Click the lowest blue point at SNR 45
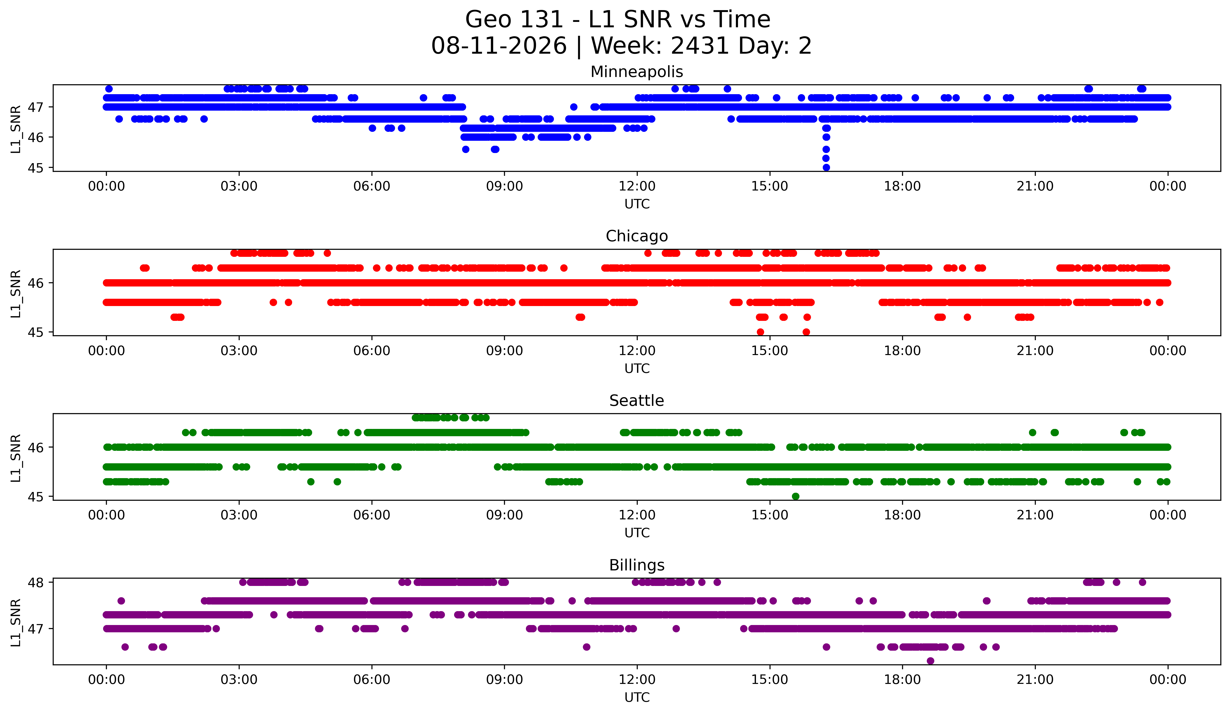(x=826, y=167)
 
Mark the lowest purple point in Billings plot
(x=930, y=661)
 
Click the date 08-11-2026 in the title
(x=499, y=46)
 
